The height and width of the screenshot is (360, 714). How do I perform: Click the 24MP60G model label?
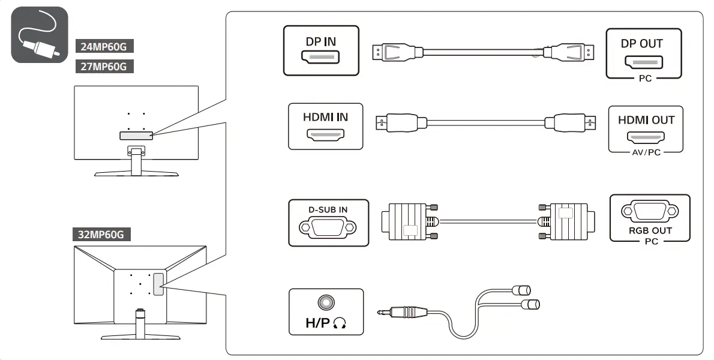[x=105, y=46]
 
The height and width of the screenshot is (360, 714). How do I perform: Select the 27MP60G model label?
[x=105, y=66]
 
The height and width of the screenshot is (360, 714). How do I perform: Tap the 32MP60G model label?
[x=101, y=235]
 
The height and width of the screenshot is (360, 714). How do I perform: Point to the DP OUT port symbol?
[x=644, y=62]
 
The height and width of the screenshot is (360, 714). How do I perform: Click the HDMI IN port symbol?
[x=325, y=135]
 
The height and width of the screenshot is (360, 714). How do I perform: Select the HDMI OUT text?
[x=646, y=120]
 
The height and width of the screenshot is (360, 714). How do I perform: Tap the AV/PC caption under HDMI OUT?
[x=646, y=152]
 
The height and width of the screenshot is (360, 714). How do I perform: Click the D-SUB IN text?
[x=328, y=209]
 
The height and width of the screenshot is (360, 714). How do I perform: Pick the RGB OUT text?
[x=650, y=230]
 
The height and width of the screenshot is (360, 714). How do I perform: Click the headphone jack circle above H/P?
[x=326, y=302]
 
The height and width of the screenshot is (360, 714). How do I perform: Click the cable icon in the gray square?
[x=40, y=35]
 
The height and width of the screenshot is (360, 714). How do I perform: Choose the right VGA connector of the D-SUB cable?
[x=566, y=220]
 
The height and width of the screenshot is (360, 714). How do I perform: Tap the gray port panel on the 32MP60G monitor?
[x=158, y=284]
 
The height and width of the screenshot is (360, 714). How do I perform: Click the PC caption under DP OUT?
[x=644, y=79]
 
